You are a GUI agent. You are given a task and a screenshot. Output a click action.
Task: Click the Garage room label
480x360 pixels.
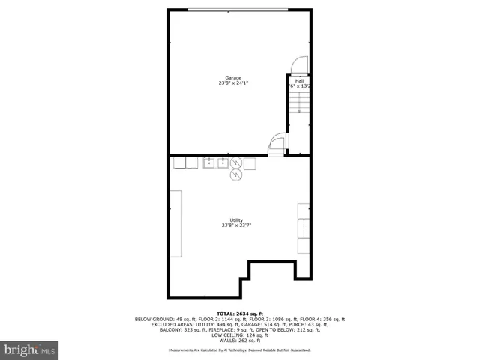[233, 77]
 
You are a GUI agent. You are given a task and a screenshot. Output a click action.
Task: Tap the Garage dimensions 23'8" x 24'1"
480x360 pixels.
[233, 82]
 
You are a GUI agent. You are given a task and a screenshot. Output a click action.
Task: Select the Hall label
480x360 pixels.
[300, 80]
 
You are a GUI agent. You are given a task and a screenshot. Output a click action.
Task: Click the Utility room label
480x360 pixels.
[236, 220]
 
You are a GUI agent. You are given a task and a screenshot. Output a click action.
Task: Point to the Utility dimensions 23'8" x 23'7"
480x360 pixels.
[236, 225]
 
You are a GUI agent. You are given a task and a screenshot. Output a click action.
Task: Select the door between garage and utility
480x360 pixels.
[277, 144]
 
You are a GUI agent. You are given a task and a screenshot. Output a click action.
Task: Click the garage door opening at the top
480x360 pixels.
[238, 10]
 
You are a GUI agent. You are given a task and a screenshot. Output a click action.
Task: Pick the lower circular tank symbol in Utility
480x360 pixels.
[236, 175]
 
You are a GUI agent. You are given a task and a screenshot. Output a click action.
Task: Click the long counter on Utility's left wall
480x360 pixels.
[175, 223]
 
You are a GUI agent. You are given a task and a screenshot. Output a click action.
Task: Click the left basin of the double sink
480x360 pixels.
[209, 163]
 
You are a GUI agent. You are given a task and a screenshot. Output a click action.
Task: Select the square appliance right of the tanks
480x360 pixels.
[250, 163]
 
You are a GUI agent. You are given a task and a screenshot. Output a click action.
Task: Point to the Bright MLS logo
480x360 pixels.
[30, 350]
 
